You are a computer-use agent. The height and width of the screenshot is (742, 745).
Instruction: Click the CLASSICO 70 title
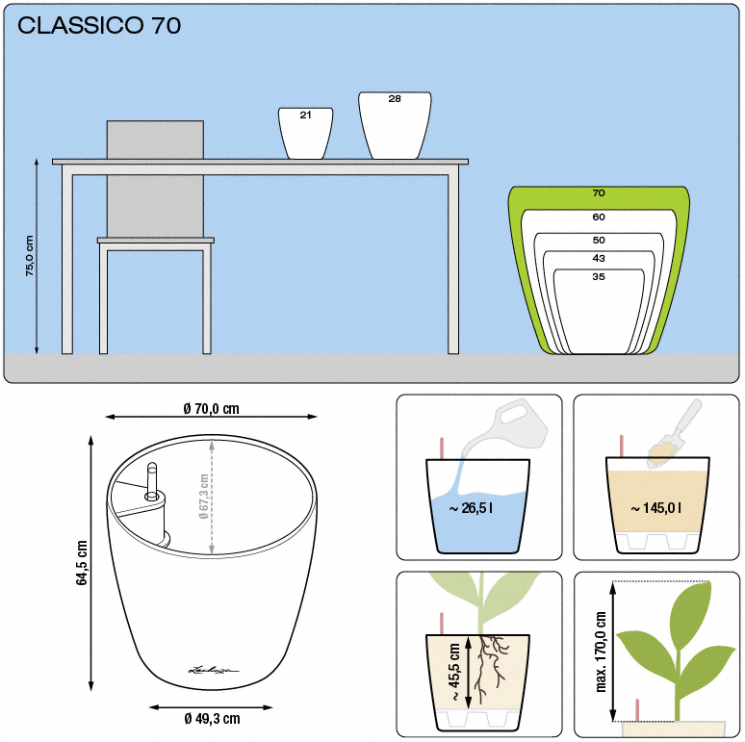[x=99, y=26]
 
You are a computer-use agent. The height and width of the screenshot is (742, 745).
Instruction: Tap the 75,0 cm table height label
[x=30, y=256]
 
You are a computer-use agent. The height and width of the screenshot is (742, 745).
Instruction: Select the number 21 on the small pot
[x=305, y=115]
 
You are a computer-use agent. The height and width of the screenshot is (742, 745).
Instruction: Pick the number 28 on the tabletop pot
[x=395, y=99]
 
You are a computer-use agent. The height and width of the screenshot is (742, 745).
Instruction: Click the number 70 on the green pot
[x=599, y=192]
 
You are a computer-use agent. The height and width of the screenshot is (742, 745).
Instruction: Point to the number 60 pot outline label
[x=599, y=217]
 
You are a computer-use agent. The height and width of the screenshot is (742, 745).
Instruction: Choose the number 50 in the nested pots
[x=599, y=240]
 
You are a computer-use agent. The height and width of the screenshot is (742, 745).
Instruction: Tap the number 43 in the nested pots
[x=599, y=258]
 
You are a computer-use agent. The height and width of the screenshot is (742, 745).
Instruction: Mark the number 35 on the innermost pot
[x=599, y=276]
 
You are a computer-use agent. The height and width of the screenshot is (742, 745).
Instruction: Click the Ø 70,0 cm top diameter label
[x=212, y=408]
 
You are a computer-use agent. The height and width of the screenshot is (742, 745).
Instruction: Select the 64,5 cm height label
[x=82, y=562]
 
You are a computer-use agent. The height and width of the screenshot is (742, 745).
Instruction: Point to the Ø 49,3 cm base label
[x=212, y=719]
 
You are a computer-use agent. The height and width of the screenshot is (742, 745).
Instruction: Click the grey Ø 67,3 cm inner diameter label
[x=204, y=497]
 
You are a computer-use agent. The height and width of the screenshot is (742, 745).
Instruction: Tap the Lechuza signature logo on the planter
[x=214, y=670]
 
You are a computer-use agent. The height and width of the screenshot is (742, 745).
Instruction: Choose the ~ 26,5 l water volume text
[x=471, y=508]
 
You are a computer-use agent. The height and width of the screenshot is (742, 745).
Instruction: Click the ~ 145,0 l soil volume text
[x=656, y=508]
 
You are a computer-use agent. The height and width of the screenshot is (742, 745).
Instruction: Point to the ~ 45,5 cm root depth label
[x=454, y=672]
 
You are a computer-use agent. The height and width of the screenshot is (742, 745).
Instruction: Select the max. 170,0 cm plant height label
[x=601, y=652]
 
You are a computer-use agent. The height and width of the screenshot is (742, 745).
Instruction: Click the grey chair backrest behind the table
[x=155, y=179]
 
